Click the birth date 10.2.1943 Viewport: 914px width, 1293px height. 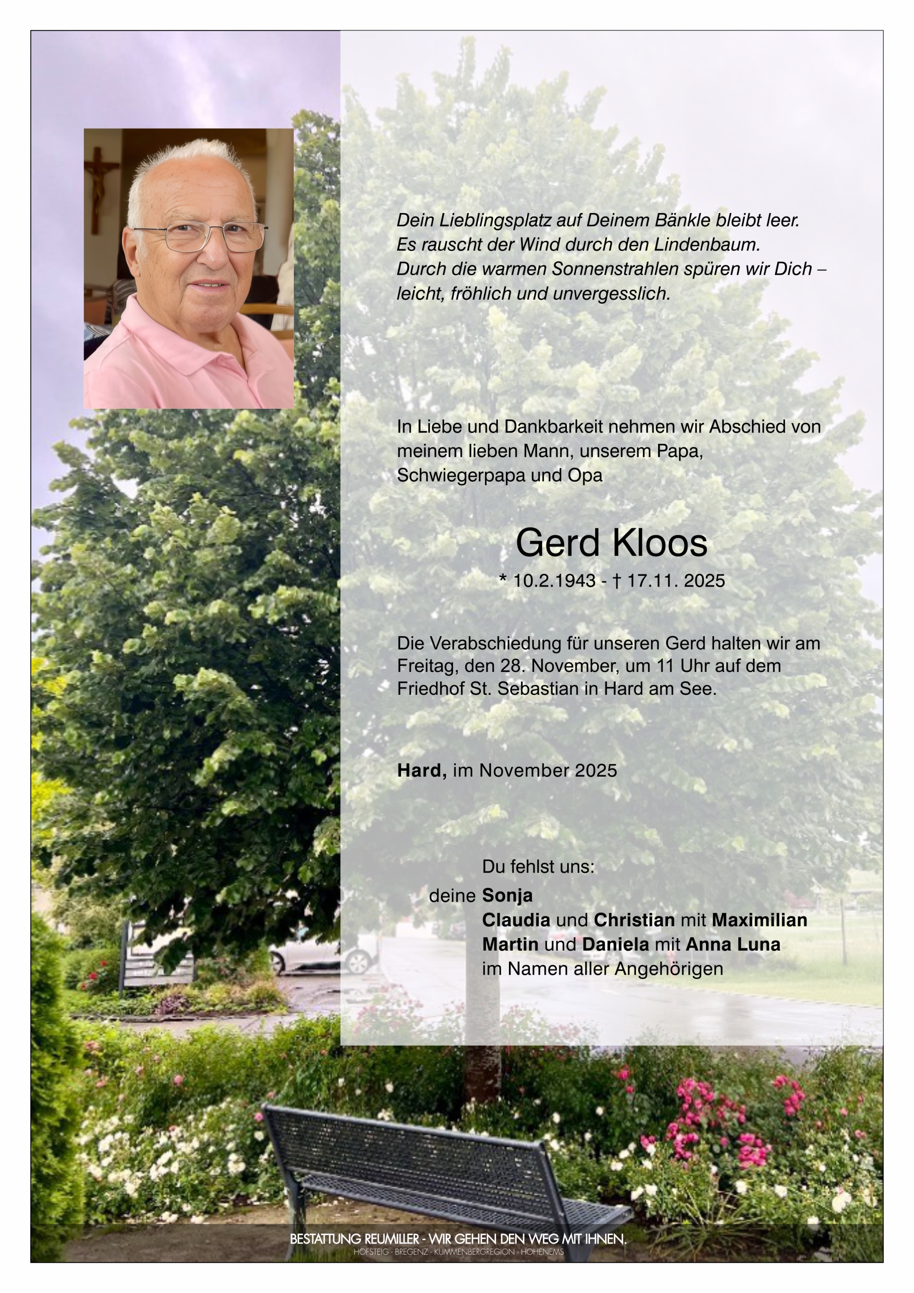tap(554, 581)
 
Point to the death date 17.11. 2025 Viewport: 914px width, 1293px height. tap(676, 581)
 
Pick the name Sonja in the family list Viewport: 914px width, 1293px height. tap(507, 895)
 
